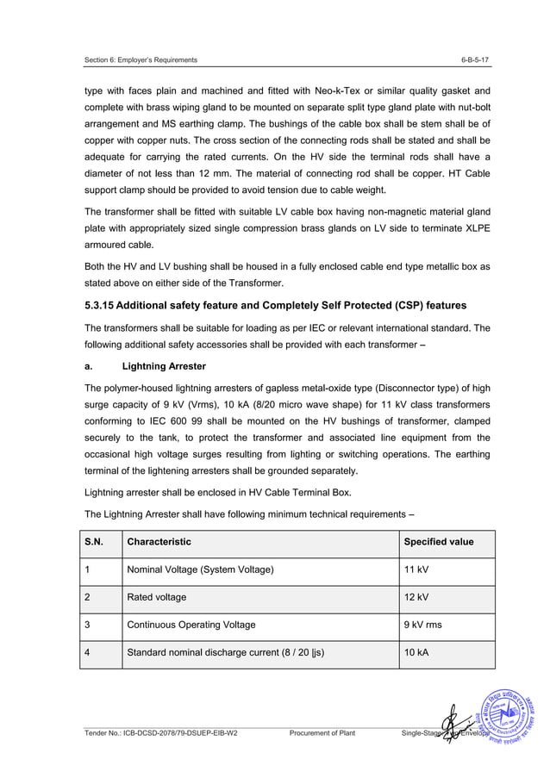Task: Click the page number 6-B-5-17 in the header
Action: click(x=477, y=59)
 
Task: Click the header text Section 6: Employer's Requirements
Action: click(x=141, y=59)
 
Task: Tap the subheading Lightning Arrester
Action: click(x=164, y=366)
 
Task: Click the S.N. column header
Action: click(x=93, y=542)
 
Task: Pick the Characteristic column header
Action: click(x=159, y=542)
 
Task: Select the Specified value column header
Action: click(x=438, y=542)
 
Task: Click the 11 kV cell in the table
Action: click(x=416, y=569)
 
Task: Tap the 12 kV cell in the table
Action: click(x=416, y=597)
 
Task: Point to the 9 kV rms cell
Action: click(x=423, y=625)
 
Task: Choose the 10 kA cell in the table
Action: click(x=416, y=652)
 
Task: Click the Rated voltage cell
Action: click(x=156, y=597)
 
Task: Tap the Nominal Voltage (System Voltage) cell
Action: click(x=200, y=569)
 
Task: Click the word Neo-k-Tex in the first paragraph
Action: click(x=314, y=90)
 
